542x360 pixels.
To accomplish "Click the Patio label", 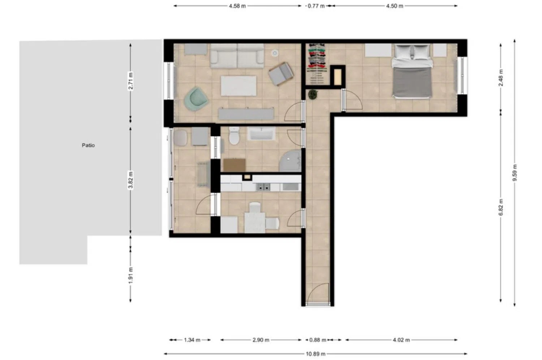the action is pyautogui.click(x=88, y=145).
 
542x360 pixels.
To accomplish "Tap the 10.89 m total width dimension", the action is pyautogui.click(x=315, y=354).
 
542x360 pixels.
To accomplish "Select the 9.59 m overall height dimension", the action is pyautogui.click(x=515, y=173).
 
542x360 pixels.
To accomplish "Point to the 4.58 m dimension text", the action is pyautogui.click(x=237, y=6).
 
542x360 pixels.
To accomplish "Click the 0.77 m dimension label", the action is pyautogui.click(x=316, y=6).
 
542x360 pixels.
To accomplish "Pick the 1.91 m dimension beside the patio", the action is pyautogui.click(x=130, y=275).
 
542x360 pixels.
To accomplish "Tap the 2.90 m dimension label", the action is pyautogui.click(x=261, y=340).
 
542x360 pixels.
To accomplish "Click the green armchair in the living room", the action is pyautogui.click(x=196, y=99).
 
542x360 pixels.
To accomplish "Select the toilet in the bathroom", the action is pyautogui.click(x=234, y=136).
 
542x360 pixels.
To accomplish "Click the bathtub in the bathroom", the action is pyautogui.click(x=261, y=134).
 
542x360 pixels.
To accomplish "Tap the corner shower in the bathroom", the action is pyautogui.click(x=291, y=161).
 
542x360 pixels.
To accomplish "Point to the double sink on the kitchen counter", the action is pyautogui.click(x=263, y=187).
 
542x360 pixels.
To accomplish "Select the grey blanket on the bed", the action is pyautogui.click(x=412, y=82).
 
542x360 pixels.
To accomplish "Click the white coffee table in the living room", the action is pyautogui.click(x=238, y=86).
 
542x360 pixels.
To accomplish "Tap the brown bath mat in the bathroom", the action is pyautogui.click(x=234, y=165).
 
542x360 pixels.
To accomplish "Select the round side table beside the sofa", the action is pyautogui.click(x=275, y=53).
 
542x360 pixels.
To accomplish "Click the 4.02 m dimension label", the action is pyautogui.click(x=401, y=340).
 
